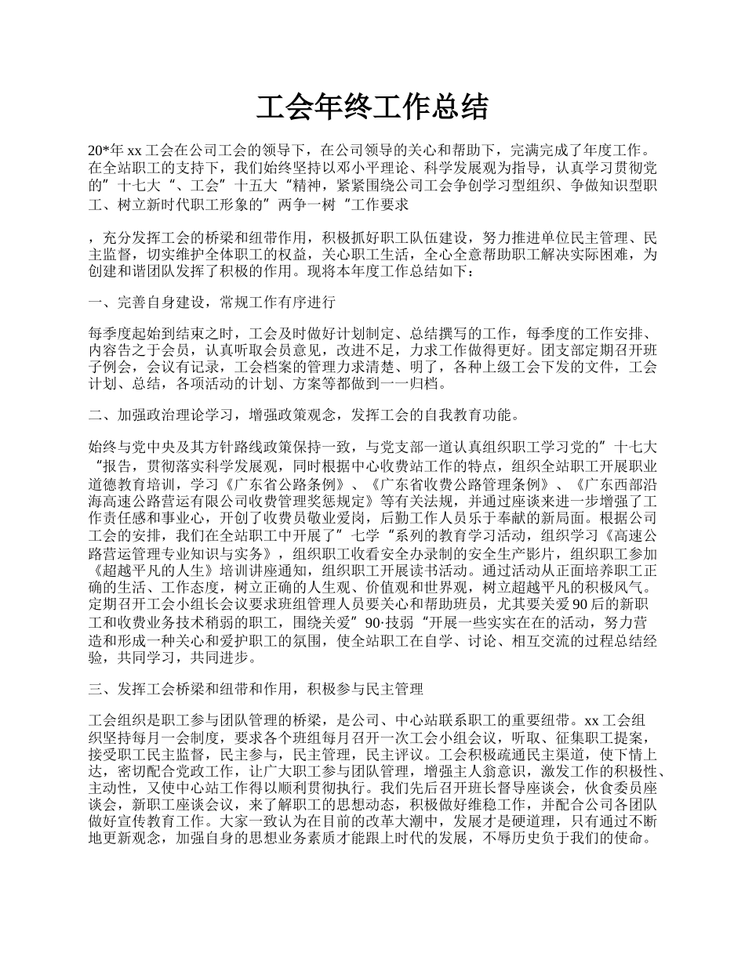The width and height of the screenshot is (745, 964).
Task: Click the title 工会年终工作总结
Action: [372, 107]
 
